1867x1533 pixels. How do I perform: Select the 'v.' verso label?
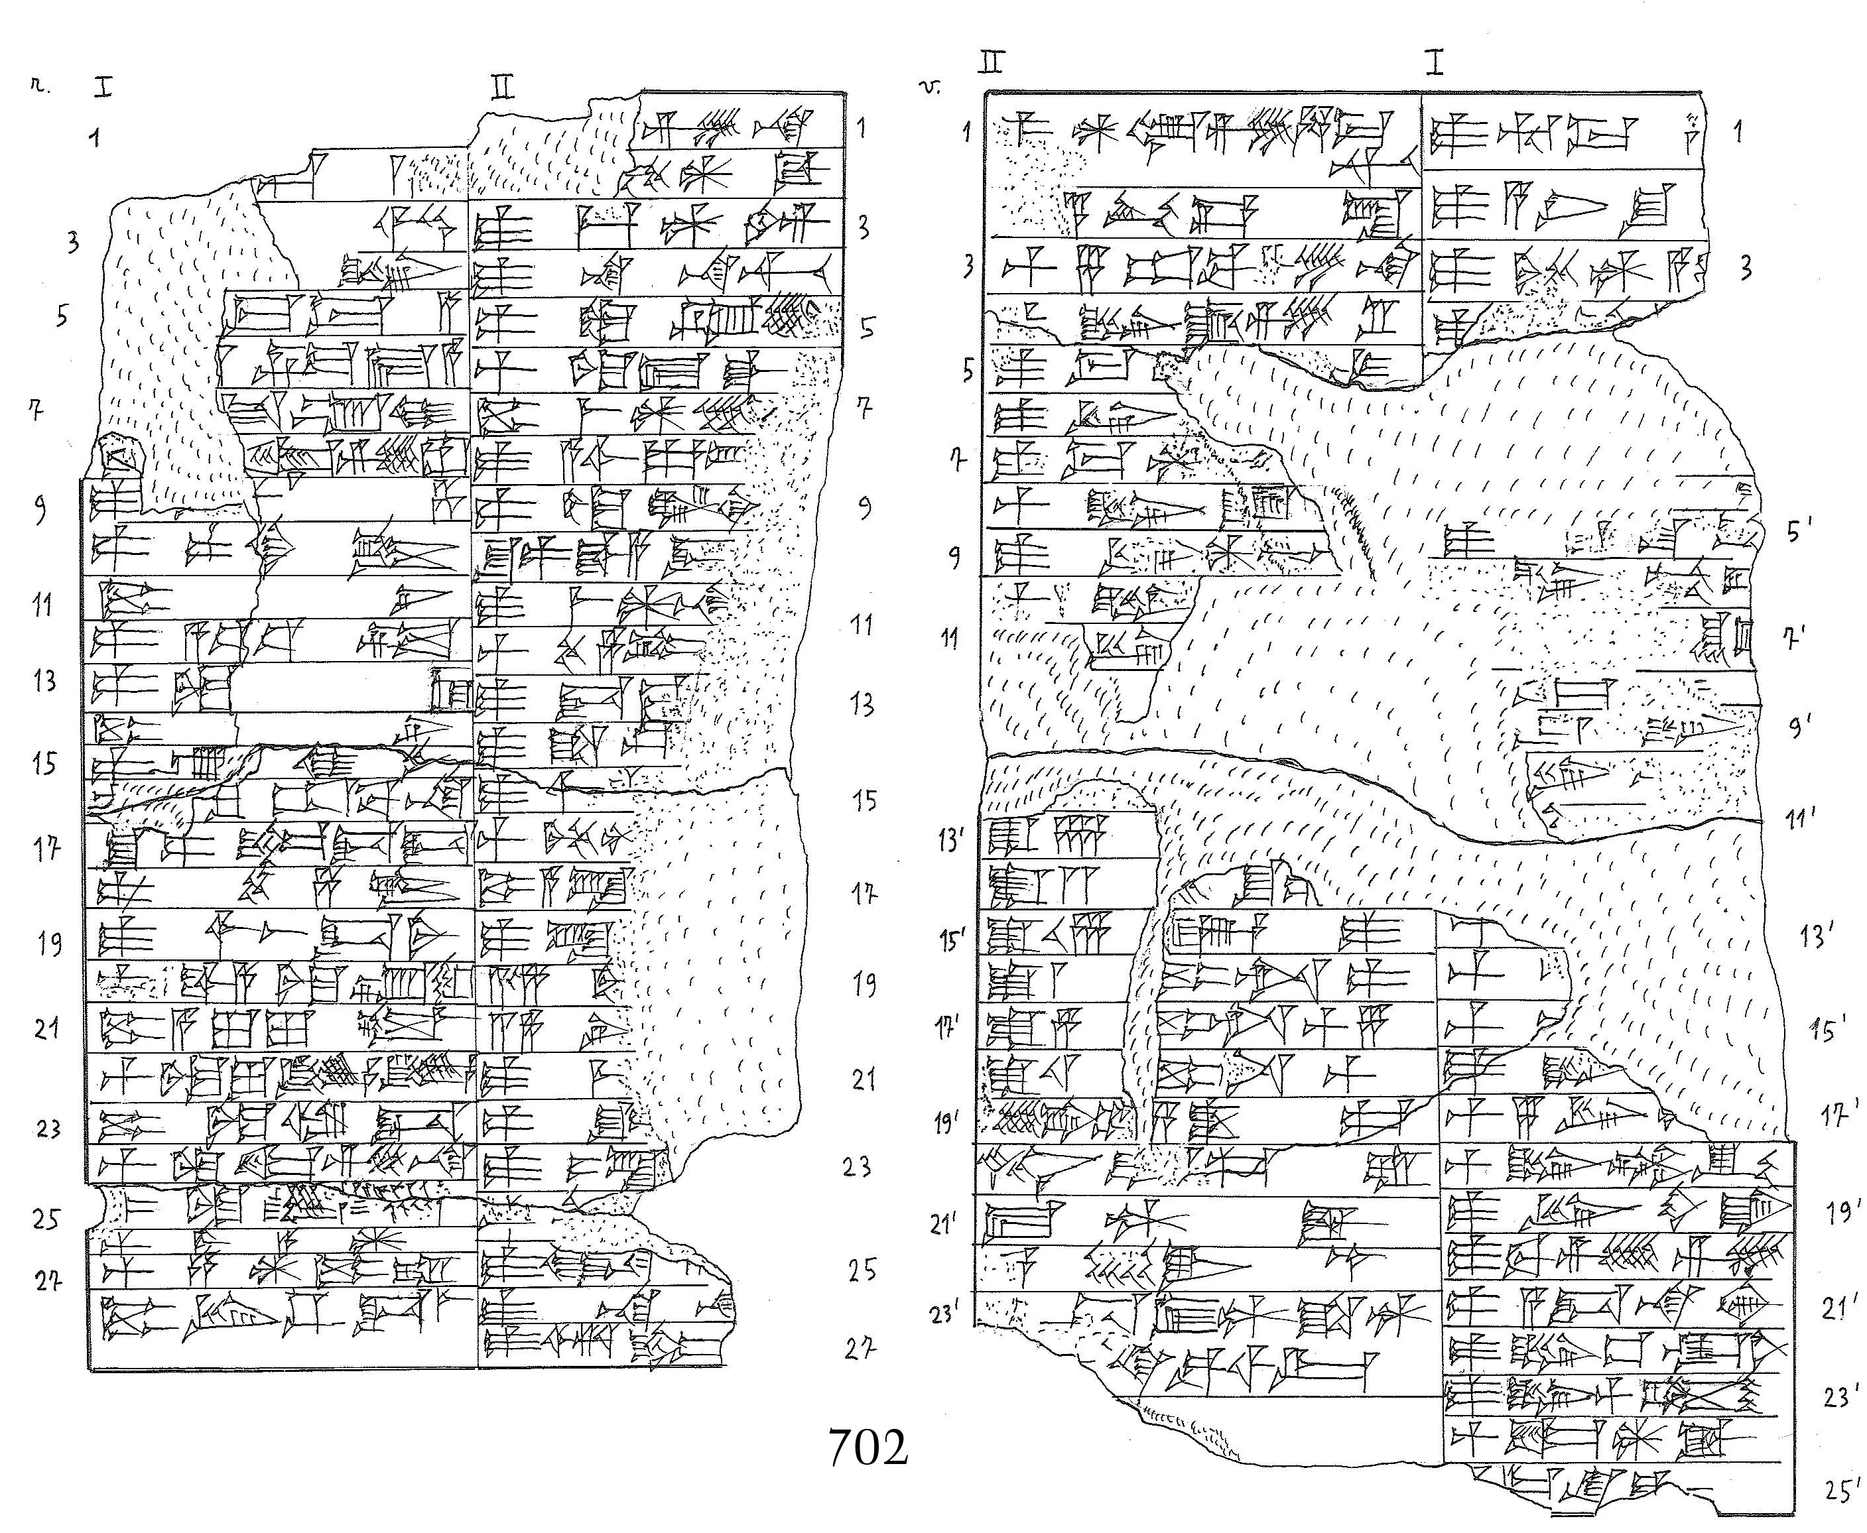tap(930, 87)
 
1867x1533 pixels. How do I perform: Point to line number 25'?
tap(1841, 1491)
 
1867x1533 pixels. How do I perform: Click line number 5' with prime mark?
tap(1798, 530)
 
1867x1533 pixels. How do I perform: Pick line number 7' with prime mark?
tap(1793, 638)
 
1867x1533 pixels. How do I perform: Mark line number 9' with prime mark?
tap(1799, 726)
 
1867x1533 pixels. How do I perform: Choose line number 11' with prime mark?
tap(1798, 819)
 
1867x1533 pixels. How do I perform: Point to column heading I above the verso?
tap(1435, 63)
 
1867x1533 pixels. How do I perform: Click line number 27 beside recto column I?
tap(48, 1280)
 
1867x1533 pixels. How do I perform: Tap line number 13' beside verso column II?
tap(950, 840)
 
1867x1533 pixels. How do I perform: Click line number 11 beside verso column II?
tap(949, 638)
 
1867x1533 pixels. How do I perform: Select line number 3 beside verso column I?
tap(1745, 268)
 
